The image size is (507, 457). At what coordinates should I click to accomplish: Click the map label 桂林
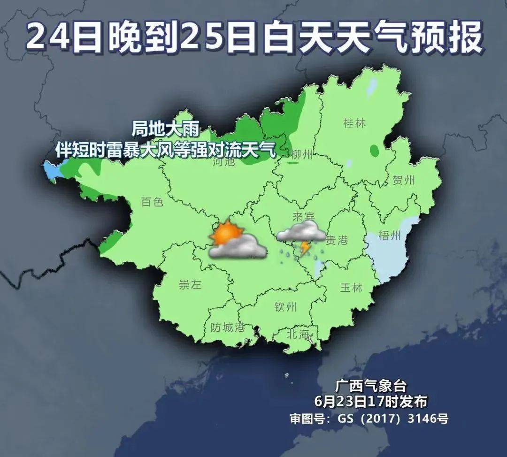tap(354, 123)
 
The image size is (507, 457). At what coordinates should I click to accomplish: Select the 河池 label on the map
tap(223, 163)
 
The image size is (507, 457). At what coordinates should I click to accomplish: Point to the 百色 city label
tap(152, 202)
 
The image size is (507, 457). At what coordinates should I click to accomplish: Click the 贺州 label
tap(403, 180)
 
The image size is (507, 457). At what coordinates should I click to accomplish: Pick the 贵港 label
tap(337, 240)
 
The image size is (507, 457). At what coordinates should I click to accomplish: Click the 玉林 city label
tap(351, 288)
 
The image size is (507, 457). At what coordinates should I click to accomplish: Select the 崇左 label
tap(191, 285)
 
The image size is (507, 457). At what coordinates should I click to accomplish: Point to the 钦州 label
tap(285, 307)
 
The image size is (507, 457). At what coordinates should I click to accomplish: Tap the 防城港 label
tap(227, 327)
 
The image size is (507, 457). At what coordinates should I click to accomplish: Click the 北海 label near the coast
tap(299, 334)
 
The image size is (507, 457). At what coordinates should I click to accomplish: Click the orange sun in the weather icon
tap(227, 232)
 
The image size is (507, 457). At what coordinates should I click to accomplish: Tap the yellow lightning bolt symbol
tap(305, 247)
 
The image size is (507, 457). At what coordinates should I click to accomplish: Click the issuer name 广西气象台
tap(370, 386)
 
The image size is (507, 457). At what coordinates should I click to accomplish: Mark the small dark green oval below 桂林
tap(374, 151)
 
